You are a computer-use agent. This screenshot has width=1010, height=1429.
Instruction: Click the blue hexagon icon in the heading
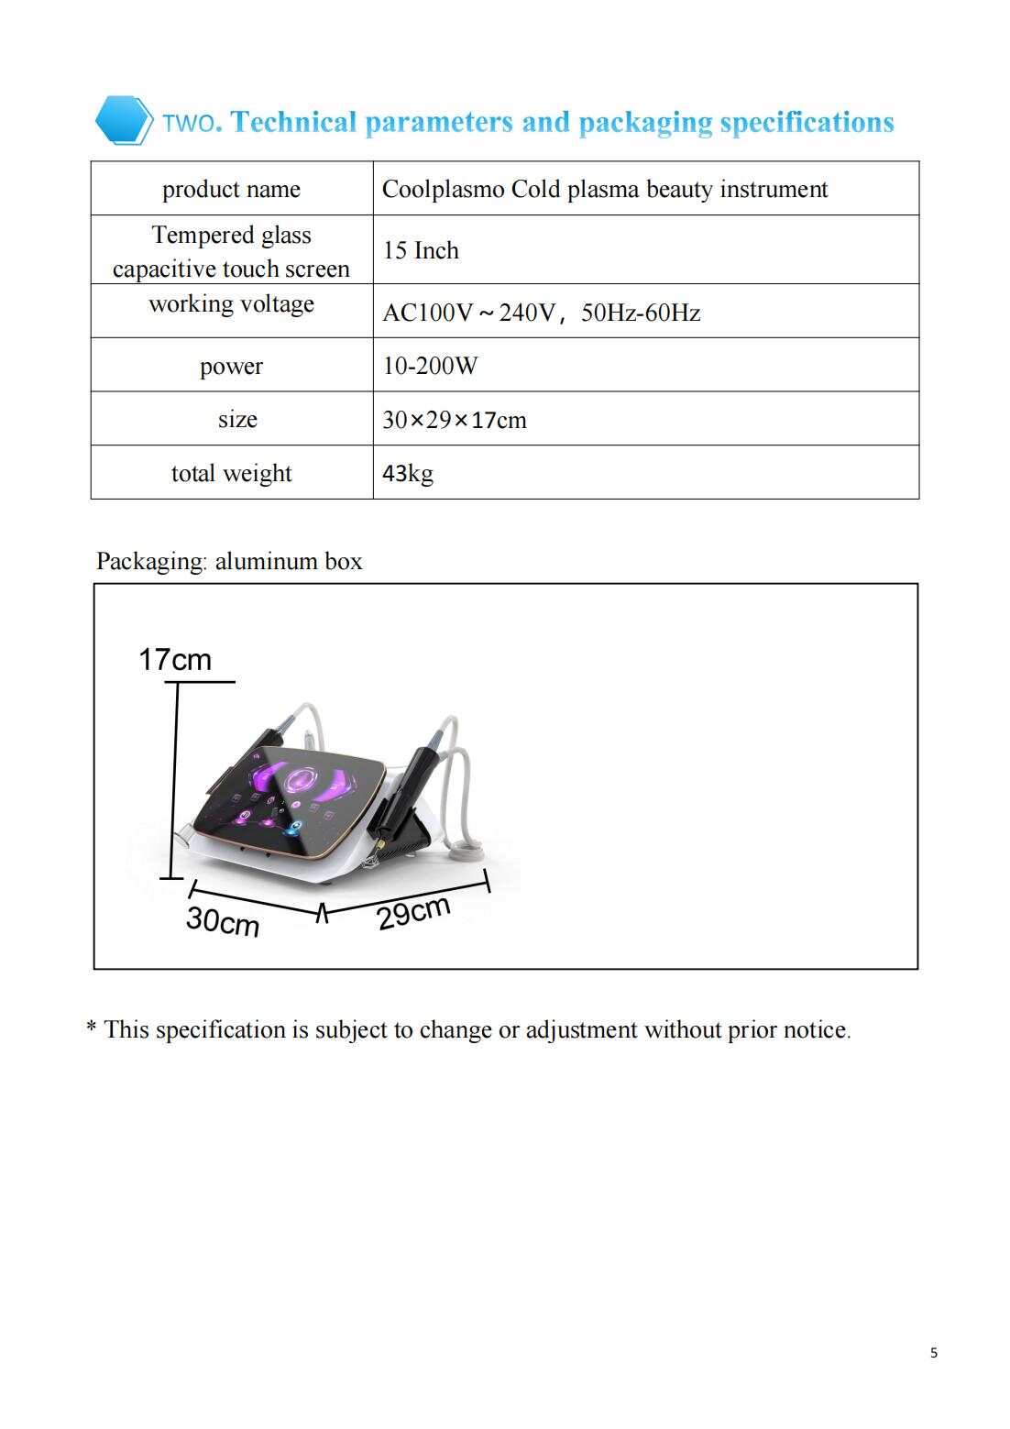pos(123,120)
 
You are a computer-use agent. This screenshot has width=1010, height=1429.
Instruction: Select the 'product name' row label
pos(231,189)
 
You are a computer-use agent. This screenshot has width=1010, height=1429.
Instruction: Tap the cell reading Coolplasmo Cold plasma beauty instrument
pos(604,189)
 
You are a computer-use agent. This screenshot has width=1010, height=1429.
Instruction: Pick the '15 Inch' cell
pos(421,250)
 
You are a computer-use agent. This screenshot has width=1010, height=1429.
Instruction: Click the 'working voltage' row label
pos(231,303)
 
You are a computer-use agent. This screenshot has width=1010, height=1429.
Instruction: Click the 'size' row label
pos(237,419)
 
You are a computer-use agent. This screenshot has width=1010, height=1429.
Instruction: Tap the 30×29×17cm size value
pos(454,420)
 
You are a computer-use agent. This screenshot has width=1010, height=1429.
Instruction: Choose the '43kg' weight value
pos(407,473)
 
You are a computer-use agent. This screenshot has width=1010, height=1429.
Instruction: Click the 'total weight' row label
pos(231,473)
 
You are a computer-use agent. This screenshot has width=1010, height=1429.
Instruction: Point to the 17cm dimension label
pos(174,659)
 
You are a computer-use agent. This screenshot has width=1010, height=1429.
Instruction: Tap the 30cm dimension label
pos(223,920)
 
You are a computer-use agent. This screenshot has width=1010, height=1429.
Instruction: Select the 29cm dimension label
pos(413,912)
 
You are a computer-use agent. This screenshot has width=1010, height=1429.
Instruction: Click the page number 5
pos(933,1353)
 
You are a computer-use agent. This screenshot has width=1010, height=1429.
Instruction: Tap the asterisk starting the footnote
pos(92,1028)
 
